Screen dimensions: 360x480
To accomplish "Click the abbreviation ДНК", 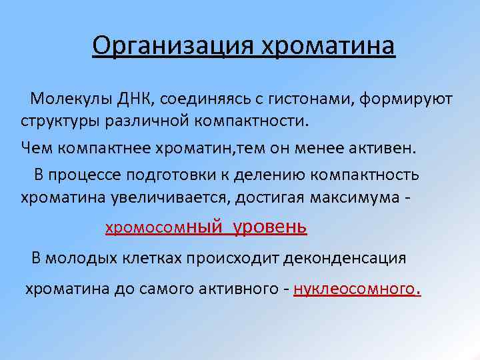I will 133,99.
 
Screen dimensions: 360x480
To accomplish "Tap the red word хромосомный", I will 163,227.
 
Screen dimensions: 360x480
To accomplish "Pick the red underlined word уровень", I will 269,227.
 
